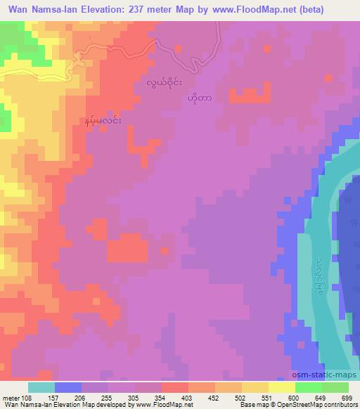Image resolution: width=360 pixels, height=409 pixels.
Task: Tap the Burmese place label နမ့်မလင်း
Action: pos(103,122)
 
